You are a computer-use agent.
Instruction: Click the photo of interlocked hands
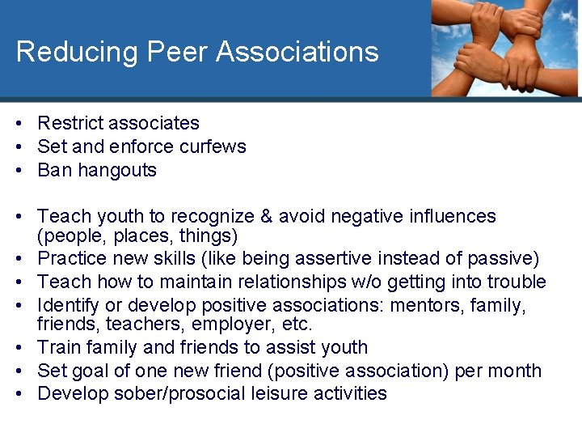504,49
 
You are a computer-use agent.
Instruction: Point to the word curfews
213,146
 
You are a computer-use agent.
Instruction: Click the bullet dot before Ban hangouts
17,170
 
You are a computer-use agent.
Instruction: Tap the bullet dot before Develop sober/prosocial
17,394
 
